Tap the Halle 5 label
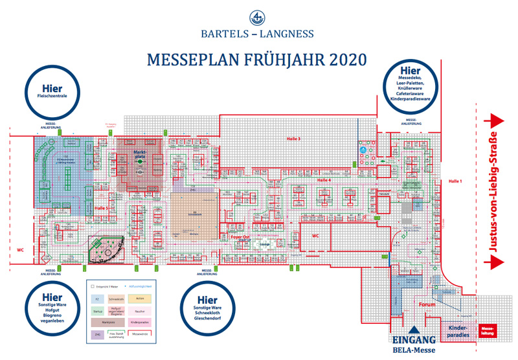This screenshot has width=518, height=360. click(101, 208)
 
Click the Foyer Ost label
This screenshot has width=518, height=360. click(240, 237)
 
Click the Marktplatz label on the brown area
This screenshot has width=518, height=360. click(139, 153)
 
